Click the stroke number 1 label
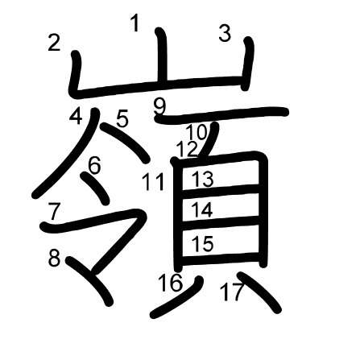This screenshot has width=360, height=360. pyautogui.click(x=135, y=23)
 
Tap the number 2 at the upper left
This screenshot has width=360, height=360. pyautogui.click(x=54, y=43)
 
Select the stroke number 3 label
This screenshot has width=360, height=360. pyautogui.click(x=225, y=33)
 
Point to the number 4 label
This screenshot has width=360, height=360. pyautogui.click(x=76, y=116)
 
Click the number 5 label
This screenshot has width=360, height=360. pyautogui.click(x=122, y=119)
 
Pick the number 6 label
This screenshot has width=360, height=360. pyautogui.click(x=94, y=165)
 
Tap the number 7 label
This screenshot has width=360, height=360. pyautogui.click(x=54, y=211)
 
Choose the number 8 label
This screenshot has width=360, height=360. pyautogui.click(x=54, y=258)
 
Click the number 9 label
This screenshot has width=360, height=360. pyautogui.click(x=160, y=106)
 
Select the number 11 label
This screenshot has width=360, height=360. pyautogui.click(x=153, y=182)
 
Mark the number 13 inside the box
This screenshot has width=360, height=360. pyautogui.click(x=203, y=179)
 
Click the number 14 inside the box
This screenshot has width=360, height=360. pyautogui.click(x=202, y=209)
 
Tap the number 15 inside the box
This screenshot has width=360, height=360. pyautogui.click(x=203, y=244)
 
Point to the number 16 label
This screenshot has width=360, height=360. pyautogui.click(x=171, y=283)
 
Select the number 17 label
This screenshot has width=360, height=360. pyautogui.click(x=231, y=292)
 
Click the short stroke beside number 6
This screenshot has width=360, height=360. pyautogui.click(x=95, y=188)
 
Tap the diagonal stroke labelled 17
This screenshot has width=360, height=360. pyautogui.click(x=259, y=292)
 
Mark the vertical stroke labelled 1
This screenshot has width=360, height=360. pyautogui.click(x=162, y=56)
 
